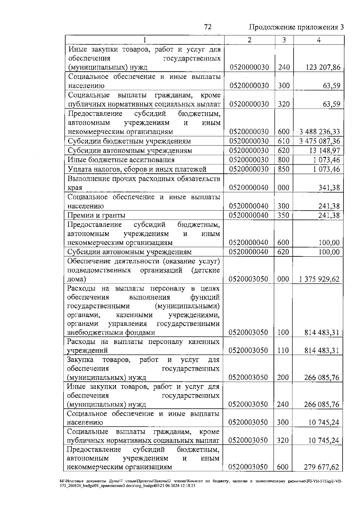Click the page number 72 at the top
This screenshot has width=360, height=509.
point(208,27)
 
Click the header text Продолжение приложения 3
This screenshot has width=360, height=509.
point(296,27)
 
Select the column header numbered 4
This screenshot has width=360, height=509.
point(319,40)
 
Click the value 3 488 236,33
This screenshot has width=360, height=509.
point(320,132)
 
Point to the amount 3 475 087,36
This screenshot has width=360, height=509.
point(320,141)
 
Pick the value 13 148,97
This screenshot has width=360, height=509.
point(325,151)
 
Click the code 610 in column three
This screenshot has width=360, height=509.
point(283,141)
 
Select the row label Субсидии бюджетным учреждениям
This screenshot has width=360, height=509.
point(129,141)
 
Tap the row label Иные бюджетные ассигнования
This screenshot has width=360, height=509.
point(121,160)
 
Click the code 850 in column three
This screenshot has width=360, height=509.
point(283,169)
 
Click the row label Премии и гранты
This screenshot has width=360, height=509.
point(96,215)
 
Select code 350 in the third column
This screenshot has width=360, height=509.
point(283,215)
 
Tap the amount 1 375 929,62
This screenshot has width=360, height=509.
point(319,279)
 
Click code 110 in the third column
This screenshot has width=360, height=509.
point(283,350)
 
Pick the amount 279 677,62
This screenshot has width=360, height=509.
point(321,467)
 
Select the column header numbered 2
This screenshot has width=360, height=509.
point(250,40)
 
